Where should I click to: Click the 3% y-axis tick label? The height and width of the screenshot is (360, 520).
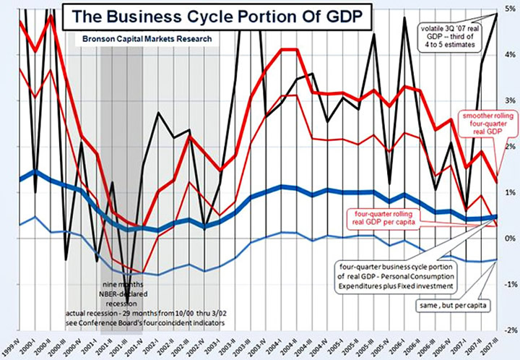(509, 100)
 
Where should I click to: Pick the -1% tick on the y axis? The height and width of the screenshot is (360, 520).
(509, 285)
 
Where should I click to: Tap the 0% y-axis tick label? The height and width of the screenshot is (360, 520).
(510, 239)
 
